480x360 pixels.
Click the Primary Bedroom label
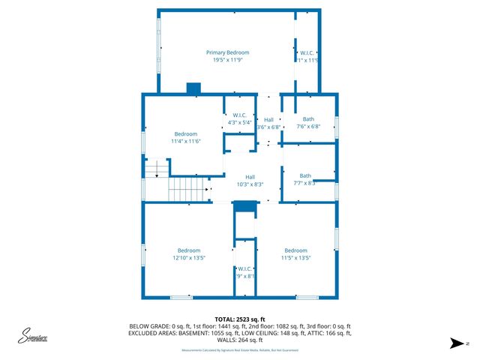pyautogui.click(x=228, y=52)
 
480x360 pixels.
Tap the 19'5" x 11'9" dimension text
pyautogui.click(x=228, y=60)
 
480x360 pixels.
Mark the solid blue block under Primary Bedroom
pyautogui.click(x=194, y=88)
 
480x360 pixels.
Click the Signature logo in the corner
pyautogui.click(x=33, y=337)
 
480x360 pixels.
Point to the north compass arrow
pyautogui.click(x=456, y=343)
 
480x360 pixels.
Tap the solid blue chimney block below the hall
pyautogui.click(x=244, y=205)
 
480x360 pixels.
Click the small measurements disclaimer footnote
pyautogui.click(x=240, y=350)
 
